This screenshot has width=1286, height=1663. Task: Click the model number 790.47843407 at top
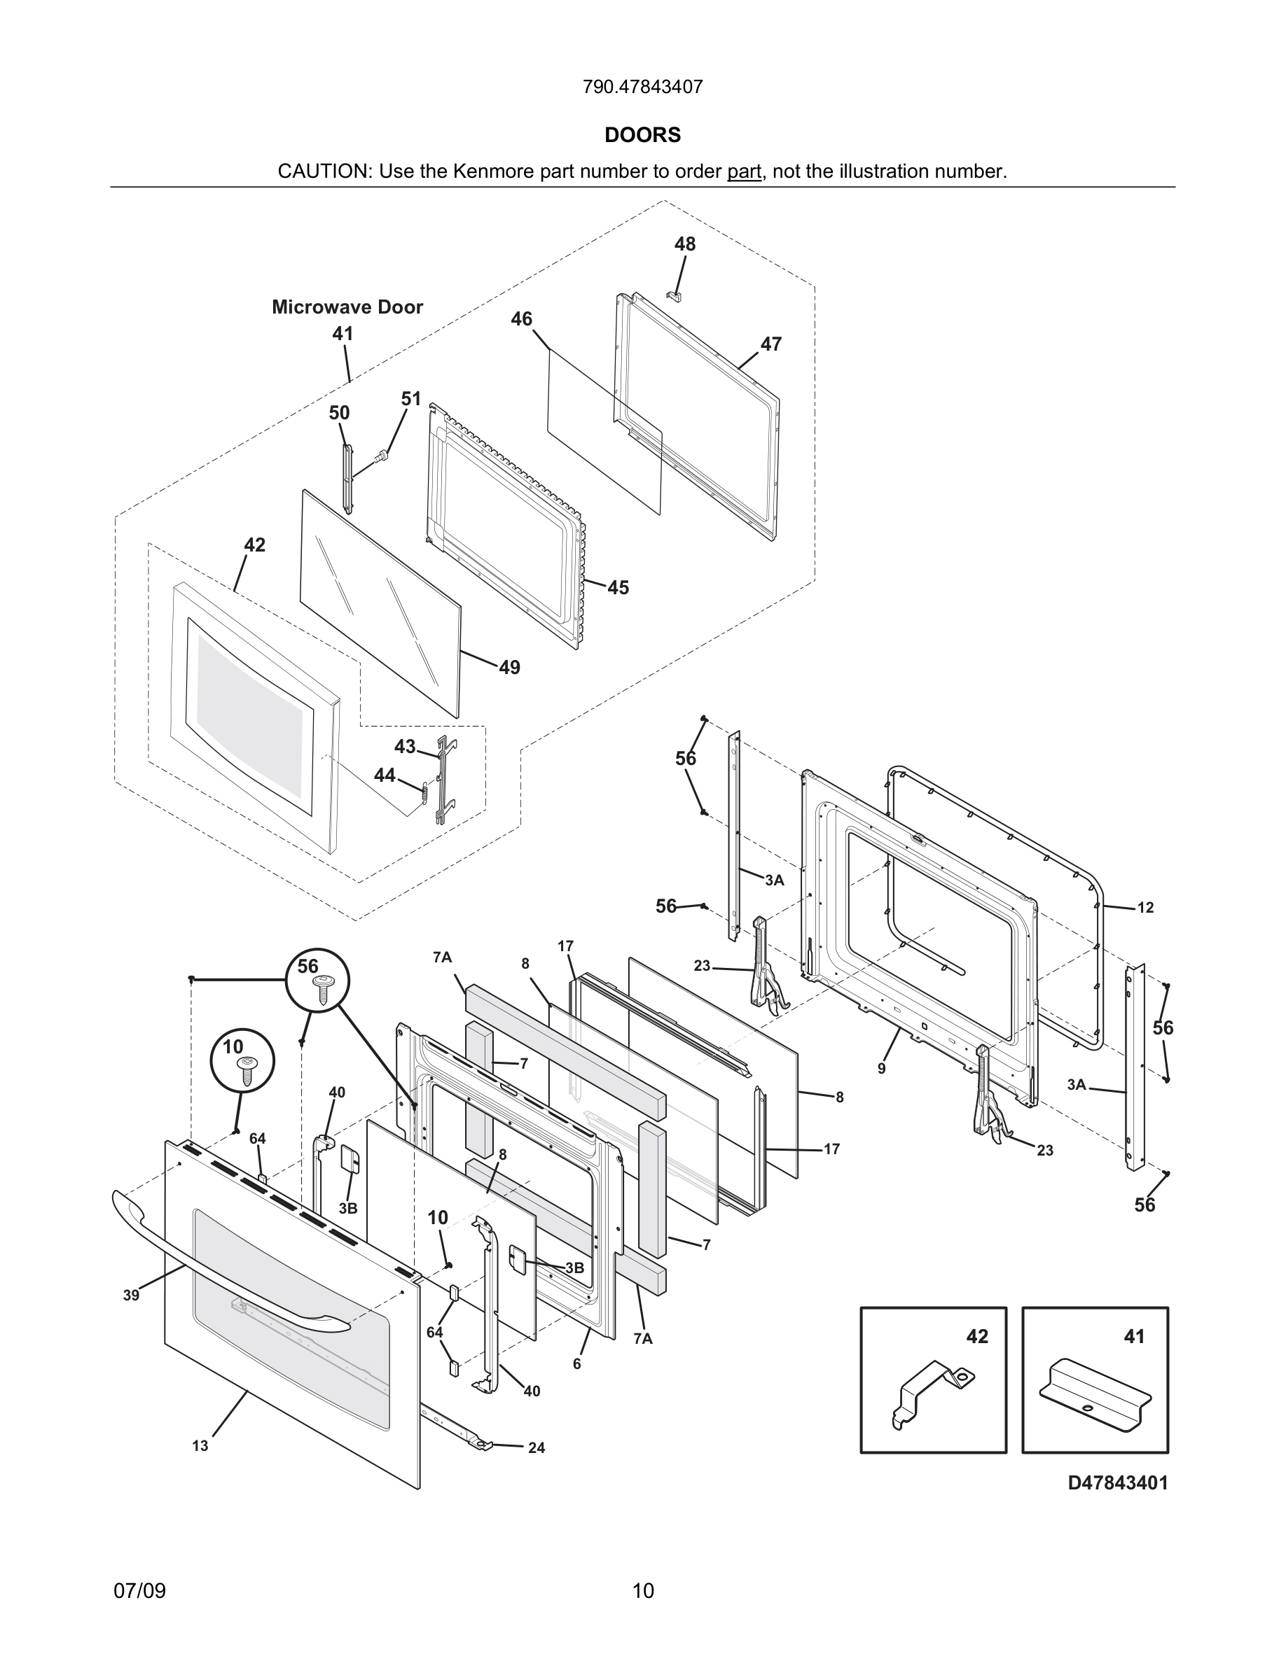[x=642, y=87]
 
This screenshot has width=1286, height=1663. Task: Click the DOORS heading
[x=642, y=135]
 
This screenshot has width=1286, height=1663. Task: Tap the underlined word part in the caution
[x=744, y=171]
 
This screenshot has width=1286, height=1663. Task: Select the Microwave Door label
[x=347, y=307]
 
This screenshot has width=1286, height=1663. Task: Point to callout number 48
[x=684, y=244]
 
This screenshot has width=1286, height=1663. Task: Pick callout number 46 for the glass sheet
[x=521, y=318]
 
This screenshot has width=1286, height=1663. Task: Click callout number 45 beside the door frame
[x=618, y=587]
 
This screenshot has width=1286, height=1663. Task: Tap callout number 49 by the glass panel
[x=509, y=667]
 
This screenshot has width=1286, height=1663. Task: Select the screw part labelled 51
[x=382, y=456]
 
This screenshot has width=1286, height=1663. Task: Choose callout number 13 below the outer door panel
[x=200, y=1445]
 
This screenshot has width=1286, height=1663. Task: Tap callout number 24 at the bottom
[x=537, y=1447]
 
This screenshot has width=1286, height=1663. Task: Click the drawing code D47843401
[x=1117, y=1482]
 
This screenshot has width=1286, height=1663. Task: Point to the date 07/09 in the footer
[x=139, y=1590]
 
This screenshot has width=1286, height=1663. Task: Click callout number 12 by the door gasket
[x=1145, y=907]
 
